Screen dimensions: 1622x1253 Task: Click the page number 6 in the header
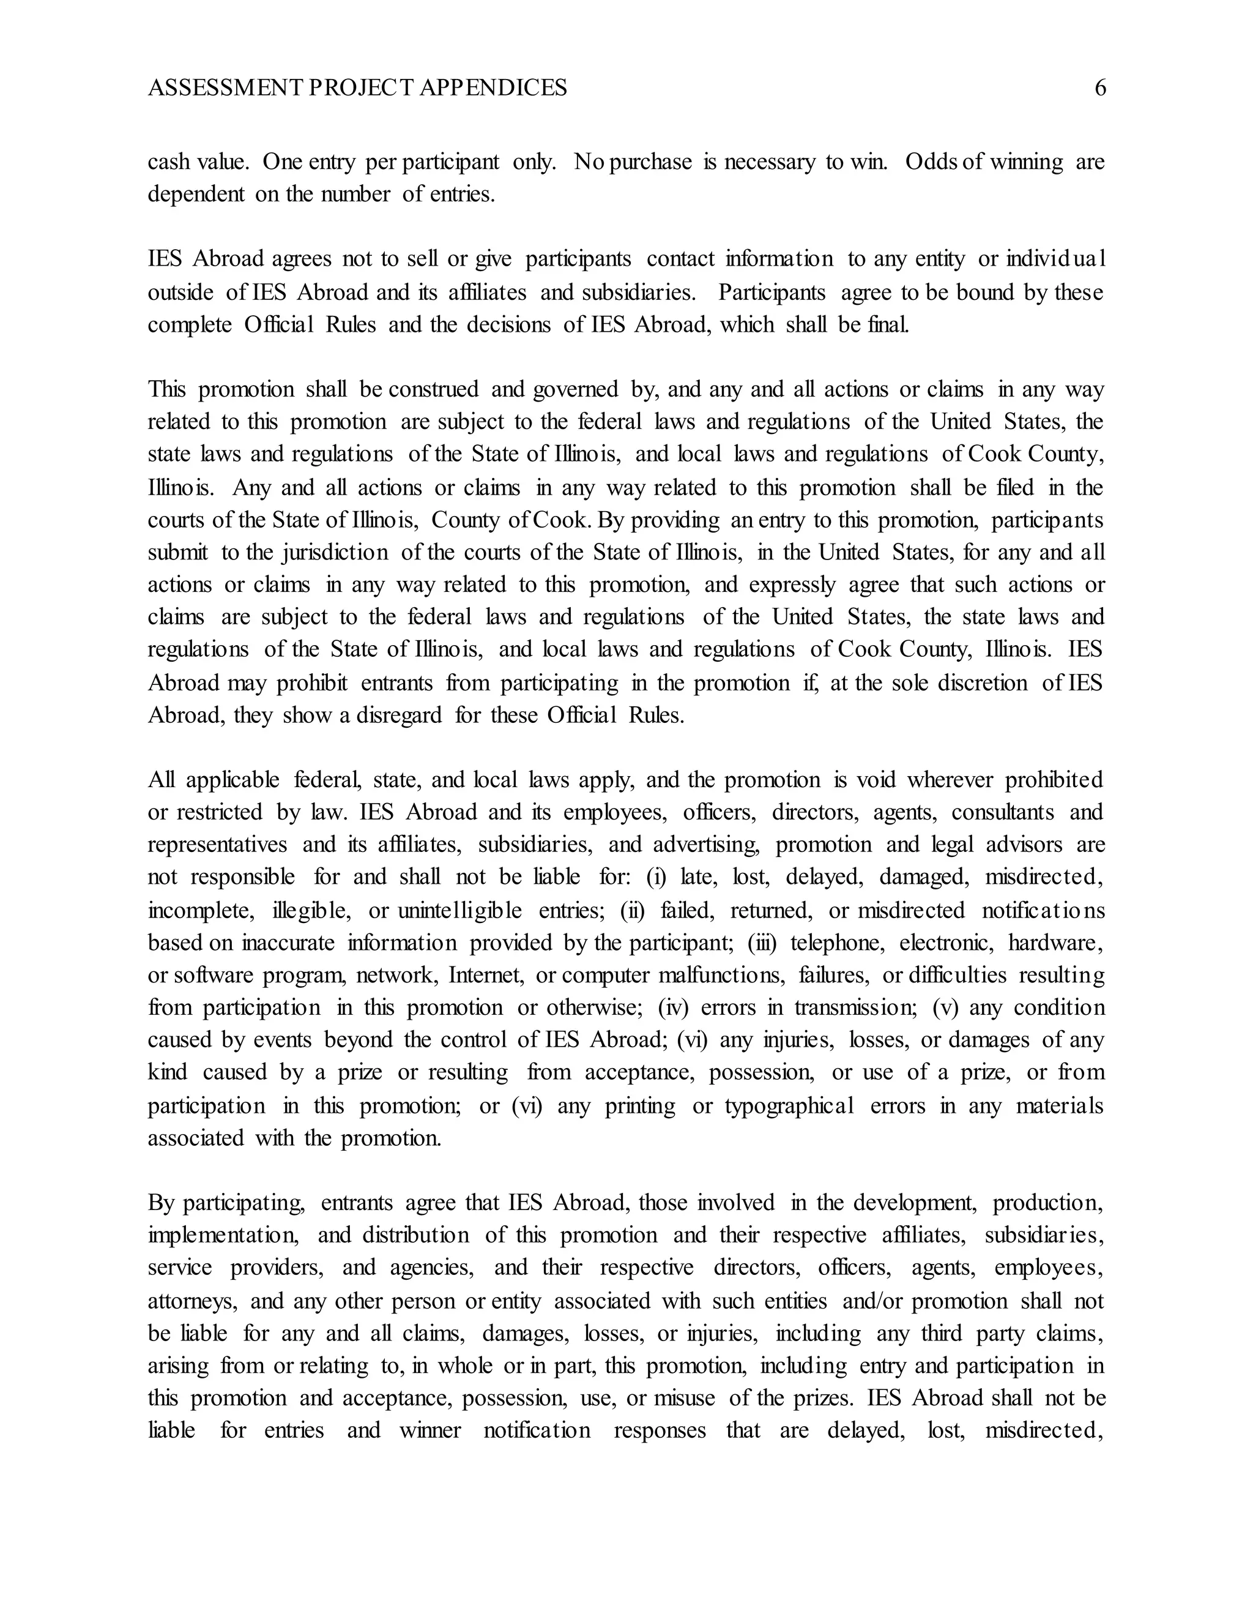coord(1100,88)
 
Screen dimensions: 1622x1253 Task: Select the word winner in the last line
coord(431,1431)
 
